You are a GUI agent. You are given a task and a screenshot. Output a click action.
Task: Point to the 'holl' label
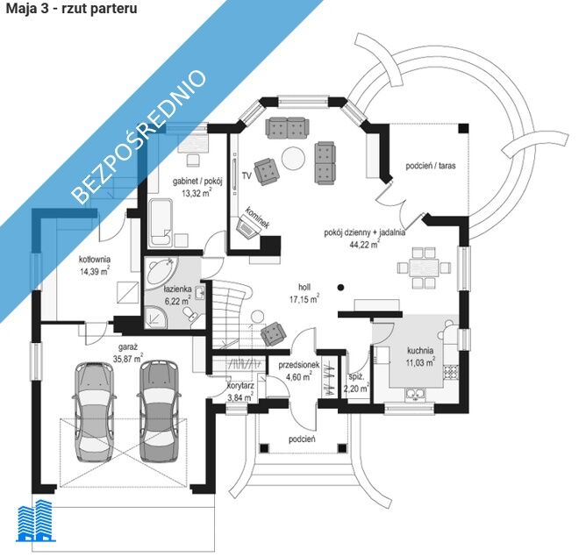point(304,287)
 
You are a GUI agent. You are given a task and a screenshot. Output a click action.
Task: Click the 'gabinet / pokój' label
point(197,182)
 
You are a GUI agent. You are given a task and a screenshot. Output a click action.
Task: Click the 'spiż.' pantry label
point(355,376)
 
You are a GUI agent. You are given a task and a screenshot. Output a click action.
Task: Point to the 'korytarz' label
point(239,385)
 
